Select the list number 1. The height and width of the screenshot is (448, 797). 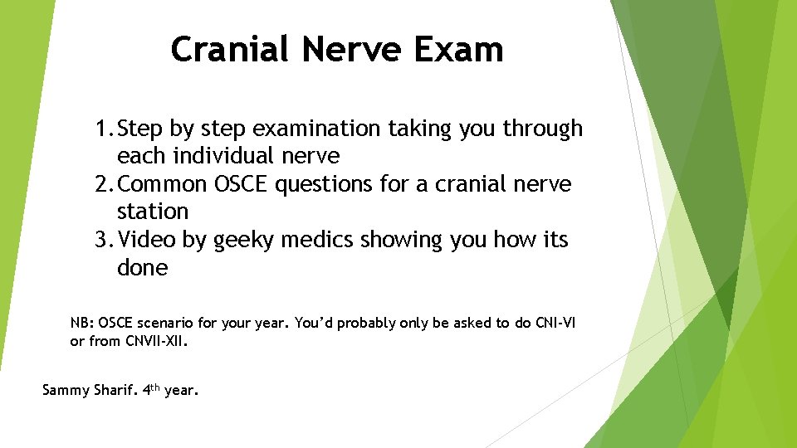[x=102, y=129]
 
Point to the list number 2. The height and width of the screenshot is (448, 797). [x=102, y=184]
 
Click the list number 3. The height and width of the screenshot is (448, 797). [x=102, y=240]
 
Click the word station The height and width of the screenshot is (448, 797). [x=153, y=212]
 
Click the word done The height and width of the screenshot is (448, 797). [x=142, y=268]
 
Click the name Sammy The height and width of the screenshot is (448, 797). [x=65, y=389]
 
